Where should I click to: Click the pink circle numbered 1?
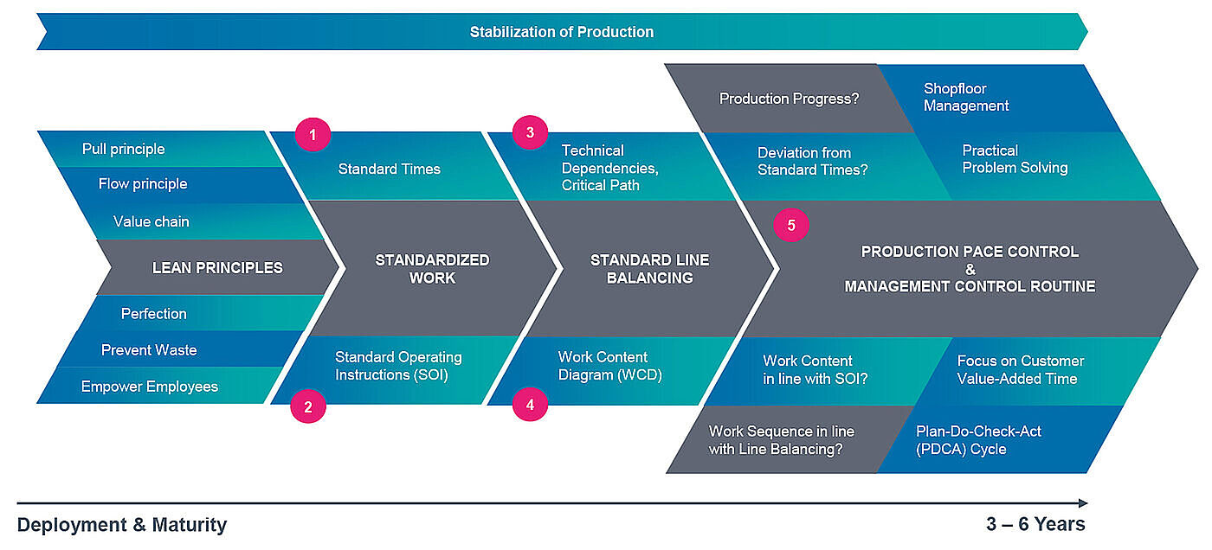click(x=313, y=135)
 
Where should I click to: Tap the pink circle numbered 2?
click(x=308, y=406)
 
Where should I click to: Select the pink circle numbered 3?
click(x=530, y=132)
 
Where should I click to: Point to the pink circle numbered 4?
click(x=530, y=404)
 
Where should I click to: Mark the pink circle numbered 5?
click(x=791, y=225)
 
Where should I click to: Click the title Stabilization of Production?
click(x=562, y=32)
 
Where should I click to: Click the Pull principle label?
click(x=123, y=149)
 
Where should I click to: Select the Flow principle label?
click(x=143, y=183)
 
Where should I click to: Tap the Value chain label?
click(x=151, y=221)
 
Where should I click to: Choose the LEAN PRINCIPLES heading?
click(x=217, y=267)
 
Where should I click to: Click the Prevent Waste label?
click(x=149, y=349)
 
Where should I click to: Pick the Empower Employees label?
click(x=149, y=387)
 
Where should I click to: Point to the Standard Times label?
click(x=390, y=169)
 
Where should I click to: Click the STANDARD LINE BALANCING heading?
click(x=650, y=269)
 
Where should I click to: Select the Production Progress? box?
click(x=789, y=99)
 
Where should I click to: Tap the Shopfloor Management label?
click(x=966, y=97)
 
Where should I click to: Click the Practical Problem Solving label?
click(x=1015, y=159)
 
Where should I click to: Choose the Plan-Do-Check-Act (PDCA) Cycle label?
click(x=978, y=440)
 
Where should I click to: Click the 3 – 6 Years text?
click(x=1035, y=523)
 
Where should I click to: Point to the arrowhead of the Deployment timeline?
click(x=1083, y=503)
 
